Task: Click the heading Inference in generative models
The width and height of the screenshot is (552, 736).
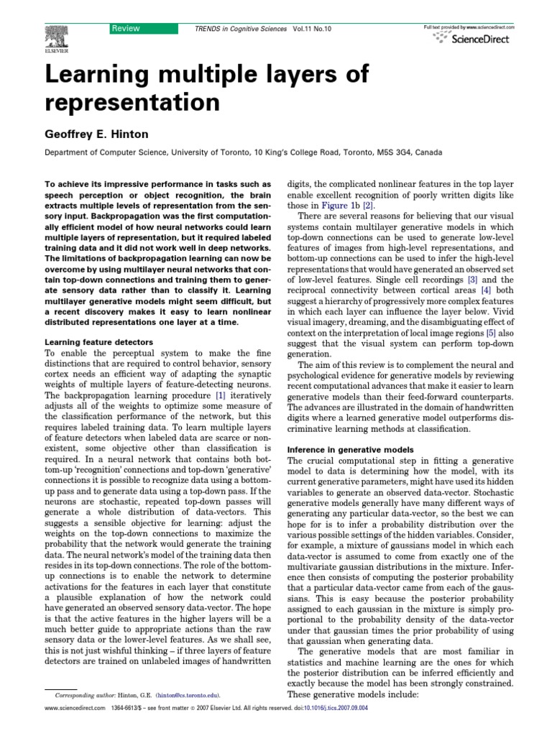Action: (349, 449)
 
